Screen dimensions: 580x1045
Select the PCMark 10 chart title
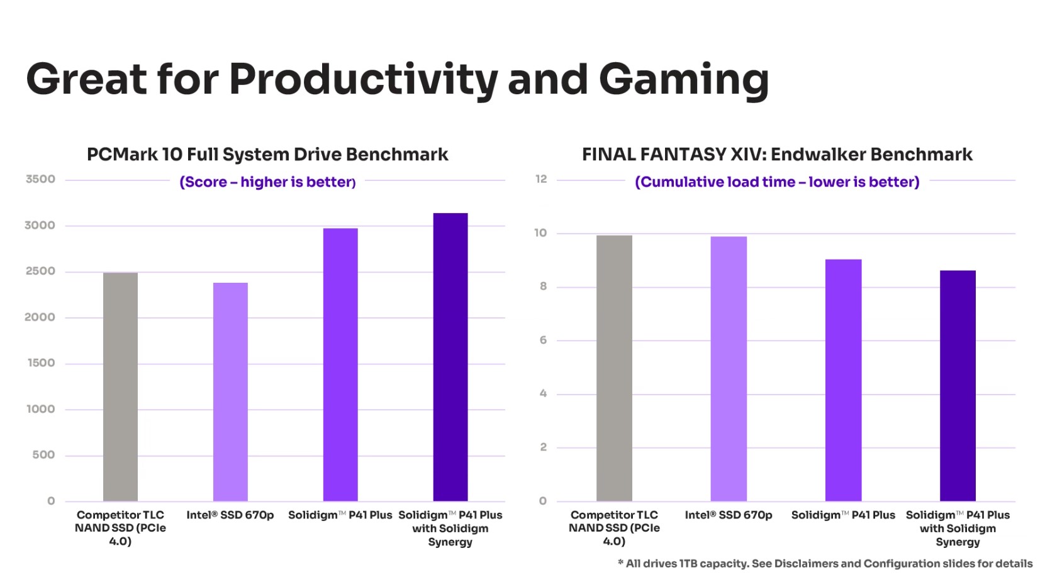point(267,155)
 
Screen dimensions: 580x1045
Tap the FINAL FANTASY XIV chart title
point(777,155)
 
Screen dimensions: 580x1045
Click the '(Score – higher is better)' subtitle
point(267,182)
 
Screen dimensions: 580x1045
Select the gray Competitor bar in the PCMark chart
point(120,386)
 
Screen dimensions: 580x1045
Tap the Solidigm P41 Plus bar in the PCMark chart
point(340,364)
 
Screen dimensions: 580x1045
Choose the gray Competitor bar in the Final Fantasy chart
point(614,368)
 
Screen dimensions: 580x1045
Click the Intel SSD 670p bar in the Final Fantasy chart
point(729,369)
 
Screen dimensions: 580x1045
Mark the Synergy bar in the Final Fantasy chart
point(958,386)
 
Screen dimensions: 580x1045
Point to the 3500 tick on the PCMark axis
point(40,179)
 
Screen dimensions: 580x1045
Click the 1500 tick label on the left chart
point(41,363)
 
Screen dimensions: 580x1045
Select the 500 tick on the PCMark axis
point(43,455)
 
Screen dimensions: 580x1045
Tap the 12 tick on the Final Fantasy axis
point(541,179)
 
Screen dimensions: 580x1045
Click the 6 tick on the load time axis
point(543,340)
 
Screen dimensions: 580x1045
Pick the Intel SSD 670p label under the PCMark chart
point(230,515)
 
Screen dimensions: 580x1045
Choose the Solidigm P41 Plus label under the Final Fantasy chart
point(843,515)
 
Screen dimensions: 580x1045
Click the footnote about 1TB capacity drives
point(825,564)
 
